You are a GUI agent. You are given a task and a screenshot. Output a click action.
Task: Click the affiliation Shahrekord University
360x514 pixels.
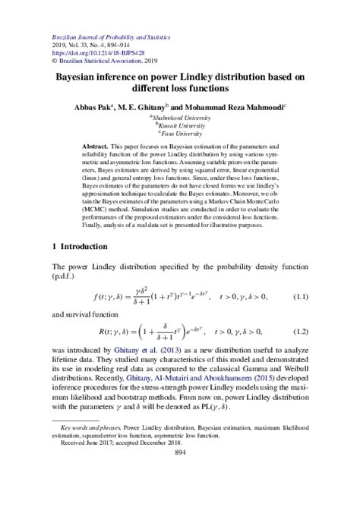click(180, 118)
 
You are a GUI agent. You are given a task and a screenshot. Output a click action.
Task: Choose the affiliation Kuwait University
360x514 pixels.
click(180, 126)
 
